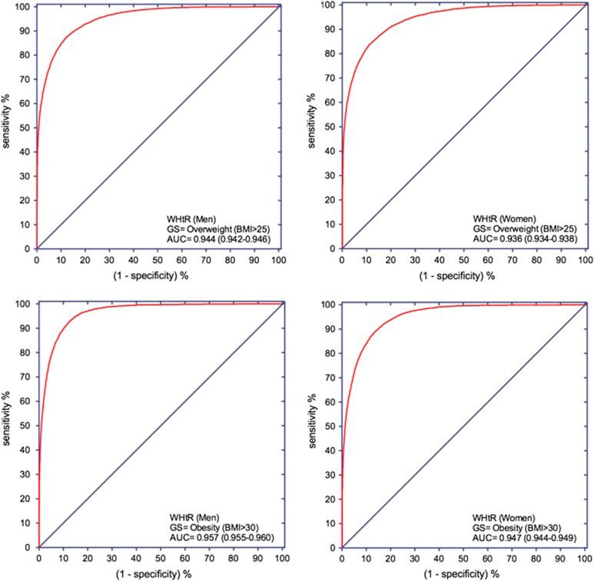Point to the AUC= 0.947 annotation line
[x=523, y=539]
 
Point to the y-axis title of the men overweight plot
[x=7, y=126]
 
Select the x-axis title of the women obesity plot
[x=463, y=574]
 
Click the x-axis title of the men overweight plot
[x=159, y=274]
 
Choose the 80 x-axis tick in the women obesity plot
[x=536, y=560]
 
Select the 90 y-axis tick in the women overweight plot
[x=331, y=29]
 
